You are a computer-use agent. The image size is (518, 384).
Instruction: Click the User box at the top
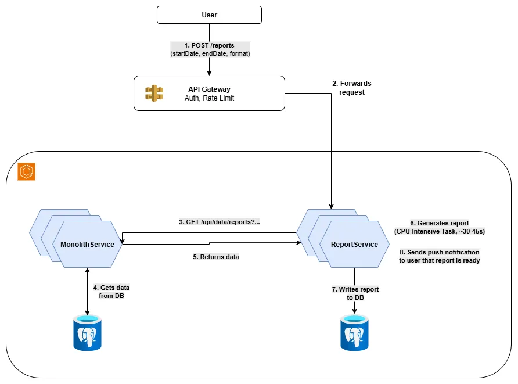pos(209,15)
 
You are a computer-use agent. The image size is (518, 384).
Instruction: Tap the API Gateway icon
pos(154,93)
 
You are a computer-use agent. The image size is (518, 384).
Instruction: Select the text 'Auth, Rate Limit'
pos(209,98)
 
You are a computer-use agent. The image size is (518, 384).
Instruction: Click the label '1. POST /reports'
pos(210,45)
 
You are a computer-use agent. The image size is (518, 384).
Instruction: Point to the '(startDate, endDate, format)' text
pos(210,54)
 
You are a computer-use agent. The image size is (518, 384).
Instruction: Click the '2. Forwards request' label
pos(351,88)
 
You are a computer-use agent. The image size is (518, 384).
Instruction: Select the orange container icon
pos(27,172)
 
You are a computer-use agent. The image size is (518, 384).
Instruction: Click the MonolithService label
pos(87,244)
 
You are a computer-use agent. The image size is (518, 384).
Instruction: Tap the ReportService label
pos(354,244)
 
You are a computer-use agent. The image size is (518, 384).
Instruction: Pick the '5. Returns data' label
pos(215,256)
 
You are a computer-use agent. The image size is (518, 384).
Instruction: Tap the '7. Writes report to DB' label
pos(354,293)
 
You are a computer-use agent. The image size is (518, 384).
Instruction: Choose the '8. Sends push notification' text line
pos(439,252)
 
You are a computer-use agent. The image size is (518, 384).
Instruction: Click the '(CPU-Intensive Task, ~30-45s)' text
pos(439,231)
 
